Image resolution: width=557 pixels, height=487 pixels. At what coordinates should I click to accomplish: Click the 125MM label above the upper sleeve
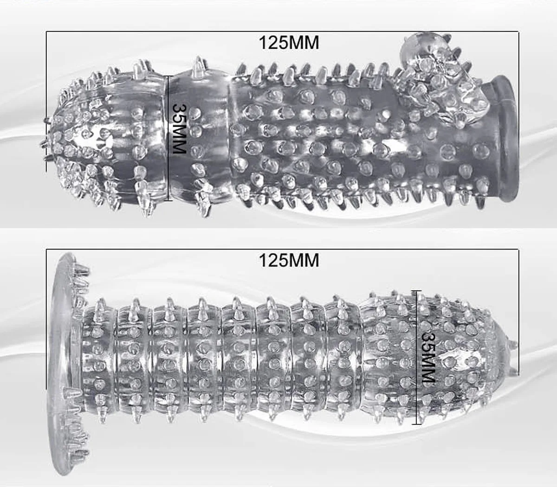289,43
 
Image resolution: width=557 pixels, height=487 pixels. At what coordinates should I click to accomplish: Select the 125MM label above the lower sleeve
289,260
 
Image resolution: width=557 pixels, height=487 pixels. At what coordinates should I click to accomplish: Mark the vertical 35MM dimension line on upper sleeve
168,139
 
